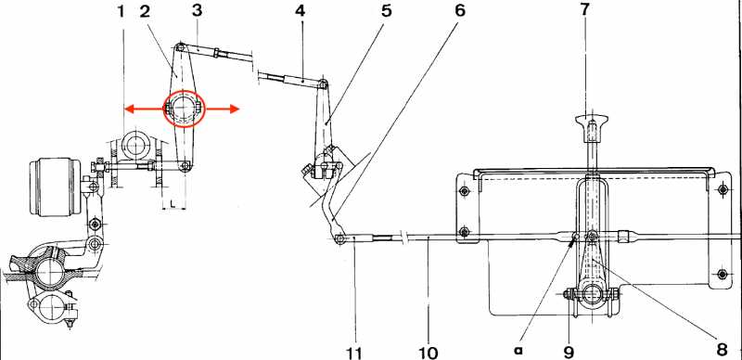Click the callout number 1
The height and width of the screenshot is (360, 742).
[122, 11]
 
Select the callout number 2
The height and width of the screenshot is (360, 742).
[145, 11]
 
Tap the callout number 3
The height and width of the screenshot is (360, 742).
[198, 11]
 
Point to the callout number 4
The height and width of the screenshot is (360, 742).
[300, 11]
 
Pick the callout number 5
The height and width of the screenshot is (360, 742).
[387, 11]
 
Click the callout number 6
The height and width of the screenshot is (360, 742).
[459, 11]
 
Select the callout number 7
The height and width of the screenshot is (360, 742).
[585, 11]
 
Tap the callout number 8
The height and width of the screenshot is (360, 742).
[722, 350]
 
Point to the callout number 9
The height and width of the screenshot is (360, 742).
[569, 352]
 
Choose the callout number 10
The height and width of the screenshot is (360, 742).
[429, 353]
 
